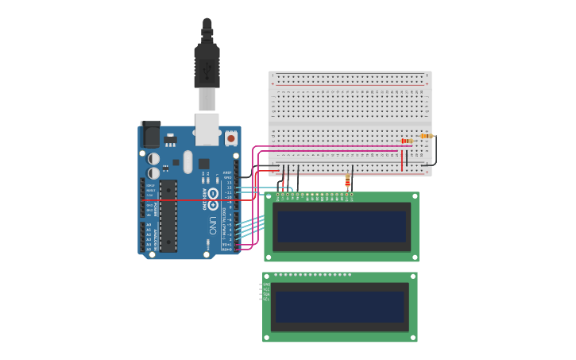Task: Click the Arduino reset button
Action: [x=231, y=137]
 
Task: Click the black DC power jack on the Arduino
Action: [x=149, y=134]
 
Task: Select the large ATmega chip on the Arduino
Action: [x=168, y=215]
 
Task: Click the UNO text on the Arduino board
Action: [x=212, y=224]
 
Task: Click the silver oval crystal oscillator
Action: [x=187, y=161]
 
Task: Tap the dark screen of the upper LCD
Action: [x=341, y=226]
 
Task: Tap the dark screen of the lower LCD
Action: [x=339, y=306]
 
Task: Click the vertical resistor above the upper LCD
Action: [x=347, y=182]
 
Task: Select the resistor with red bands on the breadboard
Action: [x=407, y=141]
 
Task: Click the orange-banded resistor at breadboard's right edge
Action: [x=426, y=136]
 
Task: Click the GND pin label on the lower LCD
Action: [x=266, y=285]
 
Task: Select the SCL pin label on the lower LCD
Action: [x=266, y=299]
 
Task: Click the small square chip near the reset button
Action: [x=204, y=163]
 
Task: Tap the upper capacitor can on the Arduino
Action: [x=153, y=159]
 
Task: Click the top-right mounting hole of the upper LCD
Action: [x=414, y=196]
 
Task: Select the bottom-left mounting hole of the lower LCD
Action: [x=267, y=338]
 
